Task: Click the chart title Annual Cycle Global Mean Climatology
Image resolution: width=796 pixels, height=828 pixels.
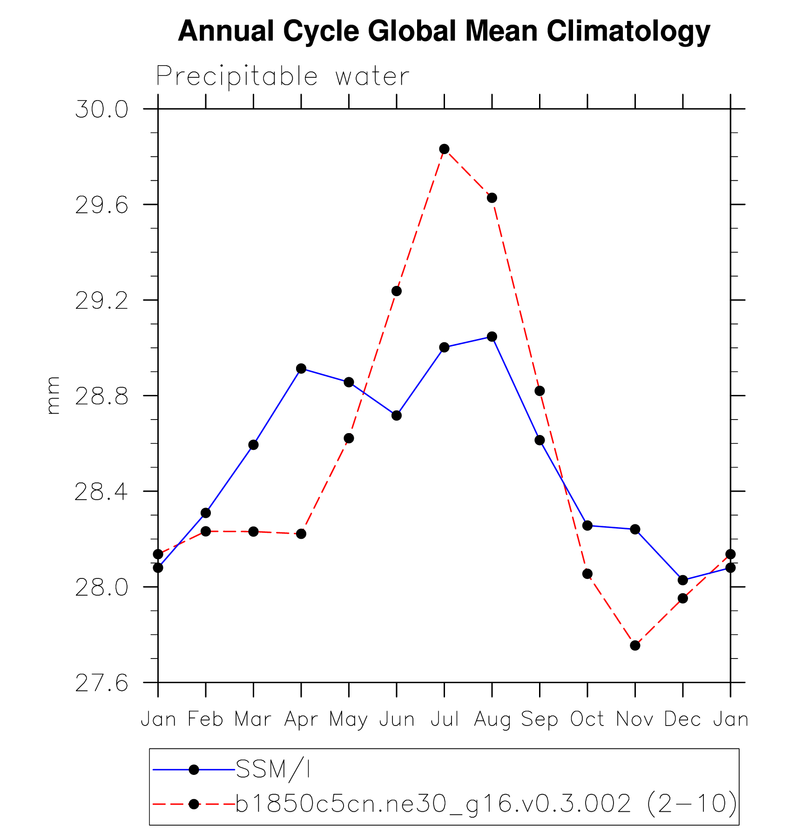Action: (444, 31)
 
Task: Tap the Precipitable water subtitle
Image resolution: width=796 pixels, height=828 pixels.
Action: (283, 76)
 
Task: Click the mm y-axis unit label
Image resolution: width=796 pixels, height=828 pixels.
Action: (53, 395)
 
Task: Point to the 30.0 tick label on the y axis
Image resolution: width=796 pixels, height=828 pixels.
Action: (101, 110)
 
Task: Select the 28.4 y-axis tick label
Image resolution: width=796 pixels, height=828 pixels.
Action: (101, 492)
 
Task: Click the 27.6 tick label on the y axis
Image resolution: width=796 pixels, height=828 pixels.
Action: (101, 684)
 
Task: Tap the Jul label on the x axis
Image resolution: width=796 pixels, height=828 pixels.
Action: (445, 719)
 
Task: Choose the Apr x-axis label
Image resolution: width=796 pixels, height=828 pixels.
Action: (301, 719)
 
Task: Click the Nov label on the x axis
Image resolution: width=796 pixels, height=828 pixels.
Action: (635, 719)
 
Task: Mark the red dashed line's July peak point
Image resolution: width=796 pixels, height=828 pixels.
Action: (444, 149)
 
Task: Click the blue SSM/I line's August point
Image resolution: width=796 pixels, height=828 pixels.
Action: (492, 337)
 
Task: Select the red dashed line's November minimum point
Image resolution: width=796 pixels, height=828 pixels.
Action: (635, 645)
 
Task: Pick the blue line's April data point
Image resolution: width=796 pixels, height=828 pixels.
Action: (301, 369)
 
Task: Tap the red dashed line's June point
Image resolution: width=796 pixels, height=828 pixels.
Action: (397, 291)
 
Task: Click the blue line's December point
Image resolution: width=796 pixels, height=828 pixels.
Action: (683, 580)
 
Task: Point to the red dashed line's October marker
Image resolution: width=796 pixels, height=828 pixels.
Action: (587, 574)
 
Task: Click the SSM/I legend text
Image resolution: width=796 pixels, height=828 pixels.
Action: (273, 769)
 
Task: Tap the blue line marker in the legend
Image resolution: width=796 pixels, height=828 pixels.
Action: (194, 770)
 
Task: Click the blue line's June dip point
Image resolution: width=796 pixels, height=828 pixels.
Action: (397, 415)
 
